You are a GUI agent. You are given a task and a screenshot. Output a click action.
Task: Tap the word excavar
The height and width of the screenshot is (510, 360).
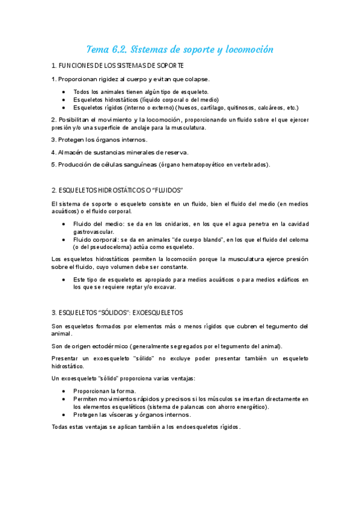(163, 287)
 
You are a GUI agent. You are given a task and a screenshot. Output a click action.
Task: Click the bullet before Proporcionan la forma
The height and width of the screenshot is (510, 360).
(64, 391)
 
